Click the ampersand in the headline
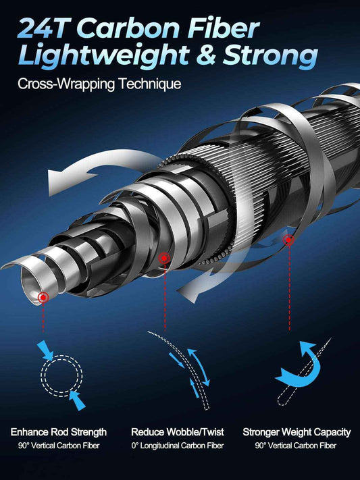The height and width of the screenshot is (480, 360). [x=205, y=55]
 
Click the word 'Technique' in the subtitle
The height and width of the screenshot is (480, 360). [x=150, y=84]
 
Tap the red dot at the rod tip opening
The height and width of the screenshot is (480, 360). [x=43, y=297]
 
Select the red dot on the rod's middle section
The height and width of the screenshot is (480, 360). [x=164, y=259]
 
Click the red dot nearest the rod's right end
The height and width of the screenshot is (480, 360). [x=288, y=240]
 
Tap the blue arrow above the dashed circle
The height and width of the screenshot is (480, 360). [x=45, y=350]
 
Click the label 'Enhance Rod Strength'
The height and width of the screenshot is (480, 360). [x=59, y=432]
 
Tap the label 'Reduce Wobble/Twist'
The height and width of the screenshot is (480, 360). [x=178, y=432]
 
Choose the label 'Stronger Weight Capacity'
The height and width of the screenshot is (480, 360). [x=297, y=432]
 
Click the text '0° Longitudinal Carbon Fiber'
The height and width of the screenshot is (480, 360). [x=178, y=446]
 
